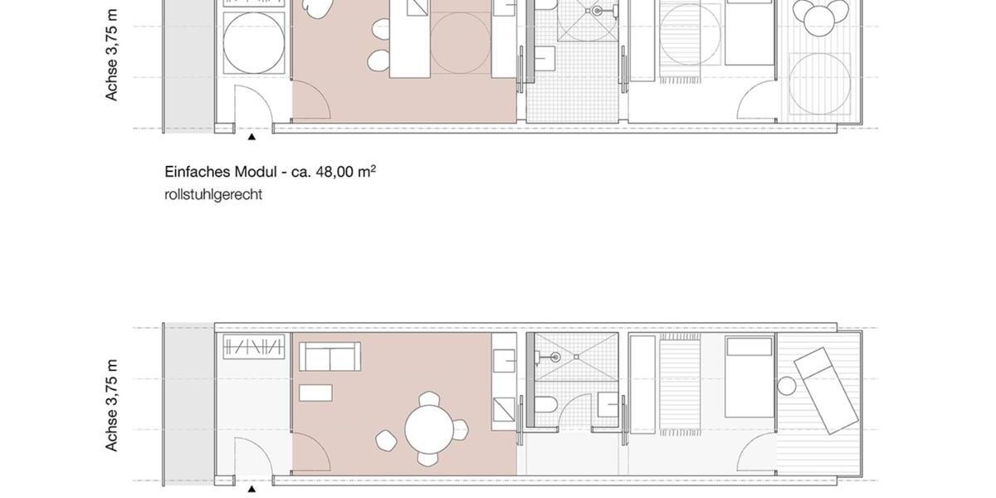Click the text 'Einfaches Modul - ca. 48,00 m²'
click(270, 172)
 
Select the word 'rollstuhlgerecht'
click(213, 194)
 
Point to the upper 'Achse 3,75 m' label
click(111, 55)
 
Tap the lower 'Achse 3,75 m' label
click(111, 406)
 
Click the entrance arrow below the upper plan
click(251, 137)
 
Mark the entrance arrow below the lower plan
click(251, 489)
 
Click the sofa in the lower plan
click(329, 358)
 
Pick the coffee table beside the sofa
click(315, 393)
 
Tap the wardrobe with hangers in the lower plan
click(254, 347)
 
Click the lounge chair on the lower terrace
click(825, 389)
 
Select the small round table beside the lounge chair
click(787, 386)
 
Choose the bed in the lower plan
click(749, 377)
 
